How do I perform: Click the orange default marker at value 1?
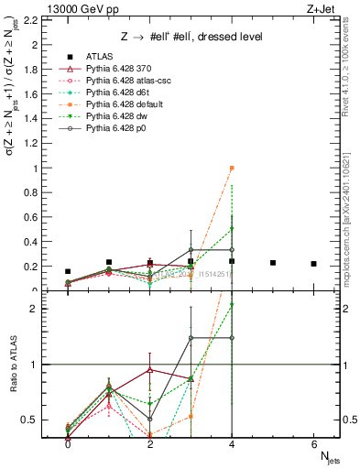pyautogui.click(x=232, y=169)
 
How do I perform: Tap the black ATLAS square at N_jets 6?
pyautogui.click(x=313, y=264)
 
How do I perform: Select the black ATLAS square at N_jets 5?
pyautogui.click(x=273, y=263)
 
